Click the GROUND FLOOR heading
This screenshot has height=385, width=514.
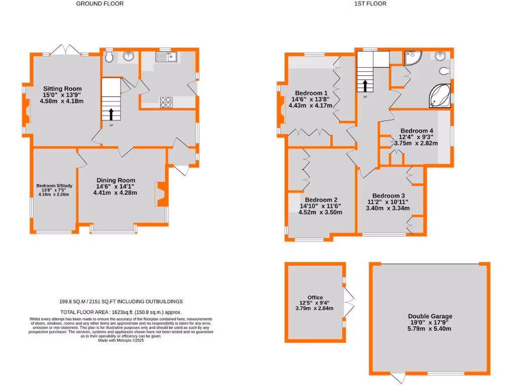pyautogui.click(x=100, y=4)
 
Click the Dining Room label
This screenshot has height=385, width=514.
pyautogui.click(x=116, y=180)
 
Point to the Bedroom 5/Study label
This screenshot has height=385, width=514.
pyautogui.click(x=54, y=186)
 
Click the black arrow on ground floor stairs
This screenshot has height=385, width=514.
pyautogui.click(x=110, y=113)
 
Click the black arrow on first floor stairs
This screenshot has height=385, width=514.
pyautogui.click(x=365, y=85)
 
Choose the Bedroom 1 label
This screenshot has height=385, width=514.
pyautogui.click(x=311, y=93)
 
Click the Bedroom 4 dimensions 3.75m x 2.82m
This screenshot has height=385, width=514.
pyautogui.click(x=416, y=143)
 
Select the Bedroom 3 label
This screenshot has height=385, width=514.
pyautogui.click(x=389, y=196)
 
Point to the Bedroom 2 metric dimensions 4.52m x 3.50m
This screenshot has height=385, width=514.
pyautogui.click(x=320, y=212)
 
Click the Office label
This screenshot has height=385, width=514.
pyautogui.click(x=315, y=297)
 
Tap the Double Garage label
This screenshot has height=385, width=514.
pyautogui.click(x=430, y=316)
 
